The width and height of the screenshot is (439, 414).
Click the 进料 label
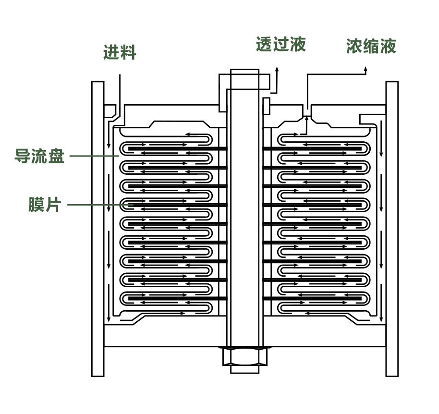point(120,52)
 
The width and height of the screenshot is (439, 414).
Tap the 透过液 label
point(280,44)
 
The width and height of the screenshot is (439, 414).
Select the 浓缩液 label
point(371,46)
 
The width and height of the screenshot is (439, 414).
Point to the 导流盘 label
point(39,156)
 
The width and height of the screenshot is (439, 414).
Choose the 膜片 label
point(45,205)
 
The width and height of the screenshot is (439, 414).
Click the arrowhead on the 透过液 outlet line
point(277,70)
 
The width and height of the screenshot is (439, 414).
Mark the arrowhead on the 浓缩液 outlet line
point(366,70)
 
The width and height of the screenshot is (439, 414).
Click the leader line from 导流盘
point(94,156)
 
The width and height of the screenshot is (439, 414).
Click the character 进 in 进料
point(111,52)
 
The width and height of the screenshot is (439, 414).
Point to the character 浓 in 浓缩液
point(354,46)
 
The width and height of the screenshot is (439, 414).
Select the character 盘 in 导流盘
point(56,156)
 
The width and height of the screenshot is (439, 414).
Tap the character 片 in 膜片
point(53,205)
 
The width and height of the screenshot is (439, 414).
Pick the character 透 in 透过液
point(264,44)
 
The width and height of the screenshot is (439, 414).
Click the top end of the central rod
point(244,72)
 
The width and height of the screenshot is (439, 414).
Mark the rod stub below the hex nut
point(244,369)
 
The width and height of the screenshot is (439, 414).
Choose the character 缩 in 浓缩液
point(371,46)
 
